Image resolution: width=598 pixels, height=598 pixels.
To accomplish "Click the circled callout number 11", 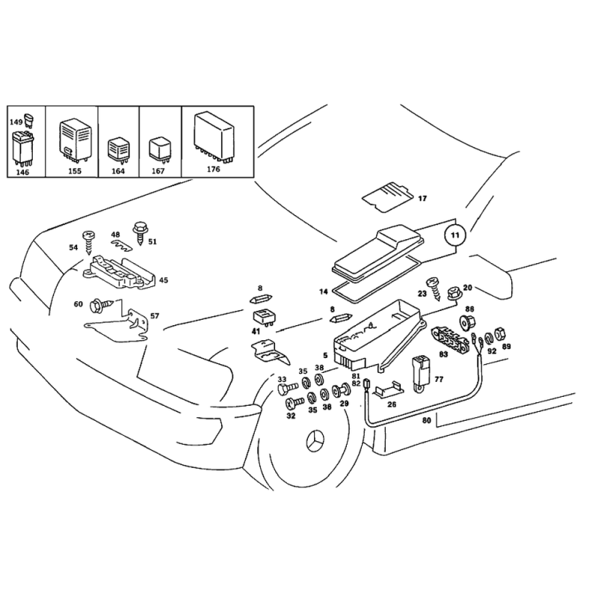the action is coord(455,235).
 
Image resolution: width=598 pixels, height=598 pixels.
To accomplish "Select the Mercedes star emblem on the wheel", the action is coord(315,442).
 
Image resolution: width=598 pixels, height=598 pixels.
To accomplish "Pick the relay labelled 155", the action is coord(75,140).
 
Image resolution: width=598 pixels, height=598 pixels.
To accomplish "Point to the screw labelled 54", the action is coord(88,242).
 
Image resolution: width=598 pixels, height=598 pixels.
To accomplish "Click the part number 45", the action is coord(163,280).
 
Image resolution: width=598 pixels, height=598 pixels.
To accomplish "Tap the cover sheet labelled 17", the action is coord(387,197).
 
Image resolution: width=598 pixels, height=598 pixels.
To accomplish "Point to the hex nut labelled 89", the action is coord(499,333).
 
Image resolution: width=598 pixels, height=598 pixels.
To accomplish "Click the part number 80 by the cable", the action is coord(426,420).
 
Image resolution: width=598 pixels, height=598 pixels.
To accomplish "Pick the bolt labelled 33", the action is coord(288,389).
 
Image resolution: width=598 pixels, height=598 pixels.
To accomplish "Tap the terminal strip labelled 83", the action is coord(450,339).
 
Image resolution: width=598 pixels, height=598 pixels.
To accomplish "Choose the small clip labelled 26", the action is coord(388,389).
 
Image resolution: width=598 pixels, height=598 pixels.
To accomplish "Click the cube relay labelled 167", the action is coord(160,149).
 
